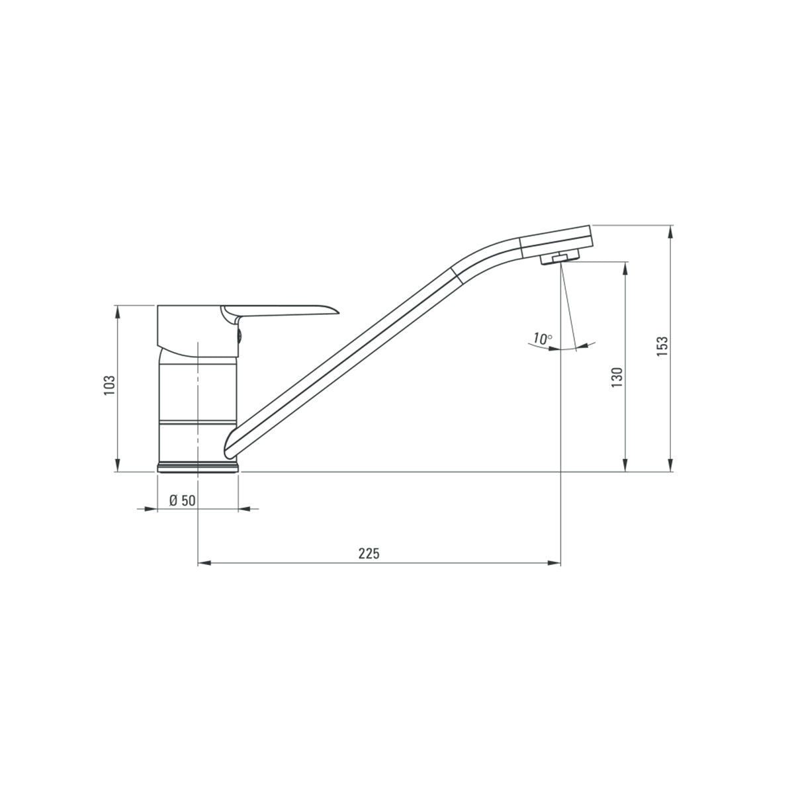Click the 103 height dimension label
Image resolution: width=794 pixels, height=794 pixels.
pos(110,386)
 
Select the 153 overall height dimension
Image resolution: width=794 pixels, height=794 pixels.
pos(662,347)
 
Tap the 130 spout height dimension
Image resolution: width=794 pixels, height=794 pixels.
pos(617,376)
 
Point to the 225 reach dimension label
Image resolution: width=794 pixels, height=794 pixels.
pos(369,554)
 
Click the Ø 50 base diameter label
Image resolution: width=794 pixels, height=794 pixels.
pos(182,500)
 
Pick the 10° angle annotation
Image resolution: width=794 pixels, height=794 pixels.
pos(542,339)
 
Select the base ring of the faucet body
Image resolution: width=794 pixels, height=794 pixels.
pos(198,467)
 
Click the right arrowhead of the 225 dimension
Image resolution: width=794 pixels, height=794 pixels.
pos(554,564)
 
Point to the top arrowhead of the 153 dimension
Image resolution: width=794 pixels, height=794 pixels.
pos(671,232)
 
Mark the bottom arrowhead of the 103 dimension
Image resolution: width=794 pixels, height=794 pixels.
pos(118,466)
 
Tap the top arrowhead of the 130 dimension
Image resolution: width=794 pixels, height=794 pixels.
pos(625,268)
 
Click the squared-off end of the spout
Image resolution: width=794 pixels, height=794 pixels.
pos(590,235)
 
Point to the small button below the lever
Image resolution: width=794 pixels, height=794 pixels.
pos(239,335)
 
